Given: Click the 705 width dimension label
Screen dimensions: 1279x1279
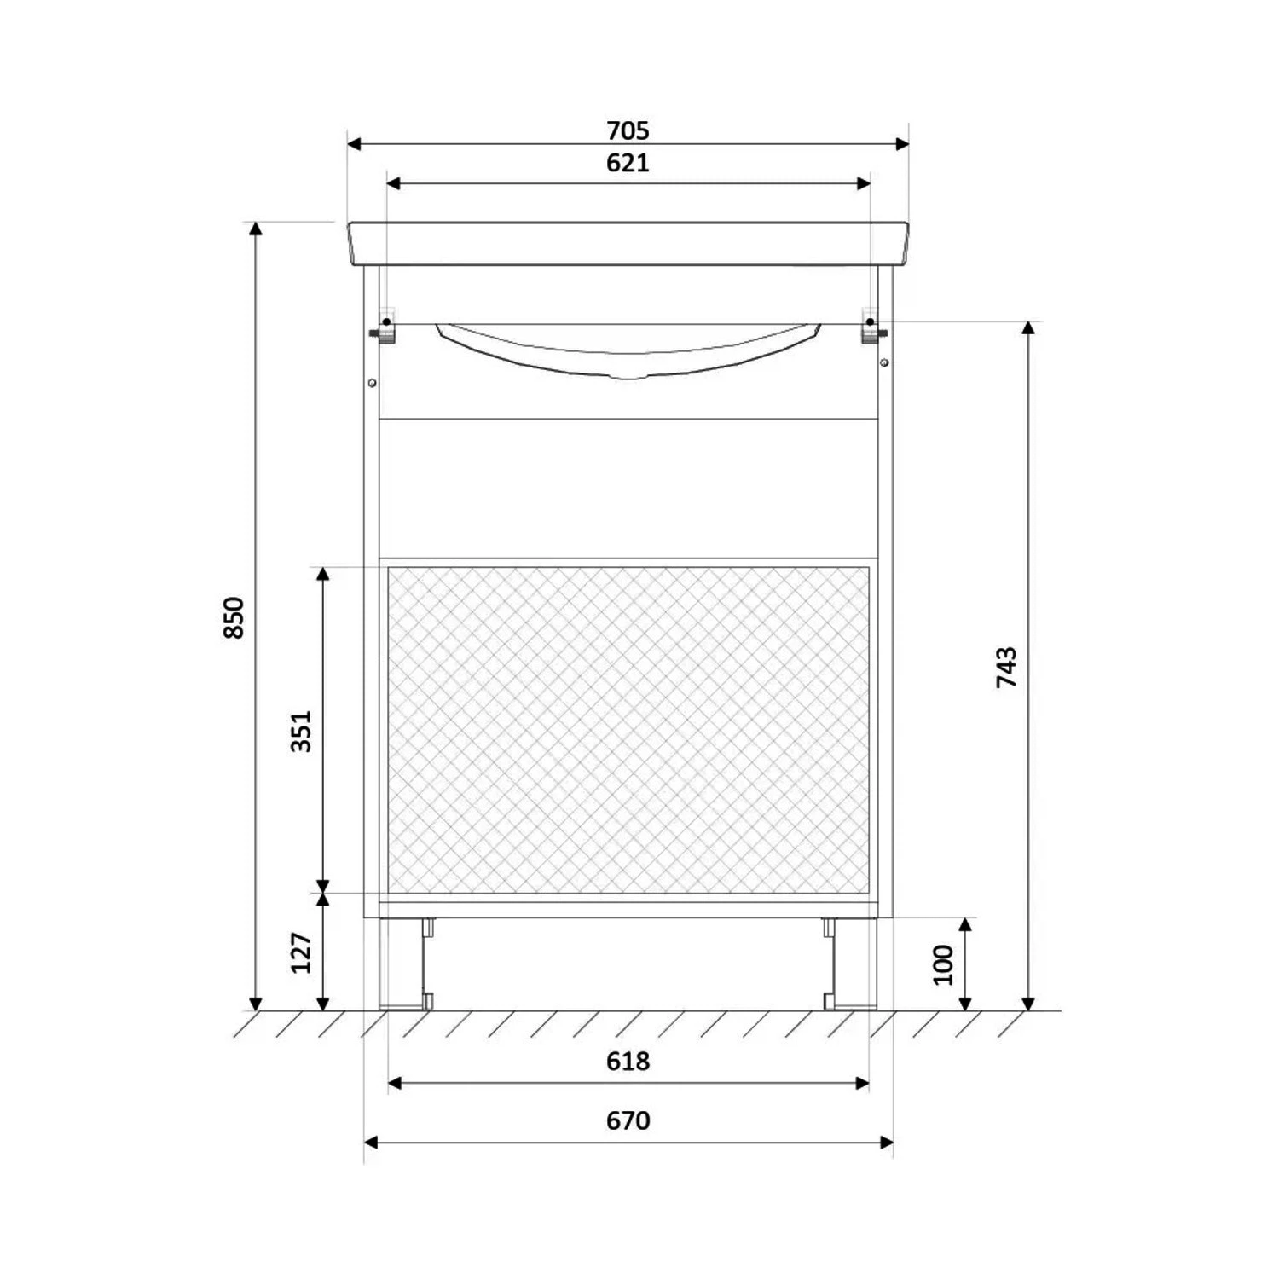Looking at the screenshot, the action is [x=628, y=130].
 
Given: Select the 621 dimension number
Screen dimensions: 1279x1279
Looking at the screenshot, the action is [x=628, y=162].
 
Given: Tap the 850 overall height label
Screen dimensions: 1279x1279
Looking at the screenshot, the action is [x=234, y=617].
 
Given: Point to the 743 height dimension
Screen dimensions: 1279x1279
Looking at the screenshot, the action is [x=1006, y=668].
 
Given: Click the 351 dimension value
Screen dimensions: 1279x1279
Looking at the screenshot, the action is [x=302, y=731].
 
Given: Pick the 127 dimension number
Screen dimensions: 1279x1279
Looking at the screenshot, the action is [x=302, y=952].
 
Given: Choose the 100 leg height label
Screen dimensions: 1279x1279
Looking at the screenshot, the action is [x=943, y=964].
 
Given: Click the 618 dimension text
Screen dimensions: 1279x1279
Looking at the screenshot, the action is [x=628, y=1061].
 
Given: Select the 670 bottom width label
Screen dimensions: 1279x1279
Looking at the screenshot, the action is [x=628, y=1120].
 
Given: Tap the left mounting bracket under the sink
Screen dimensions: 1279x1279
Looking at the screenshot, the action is [x=385, y=326].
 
